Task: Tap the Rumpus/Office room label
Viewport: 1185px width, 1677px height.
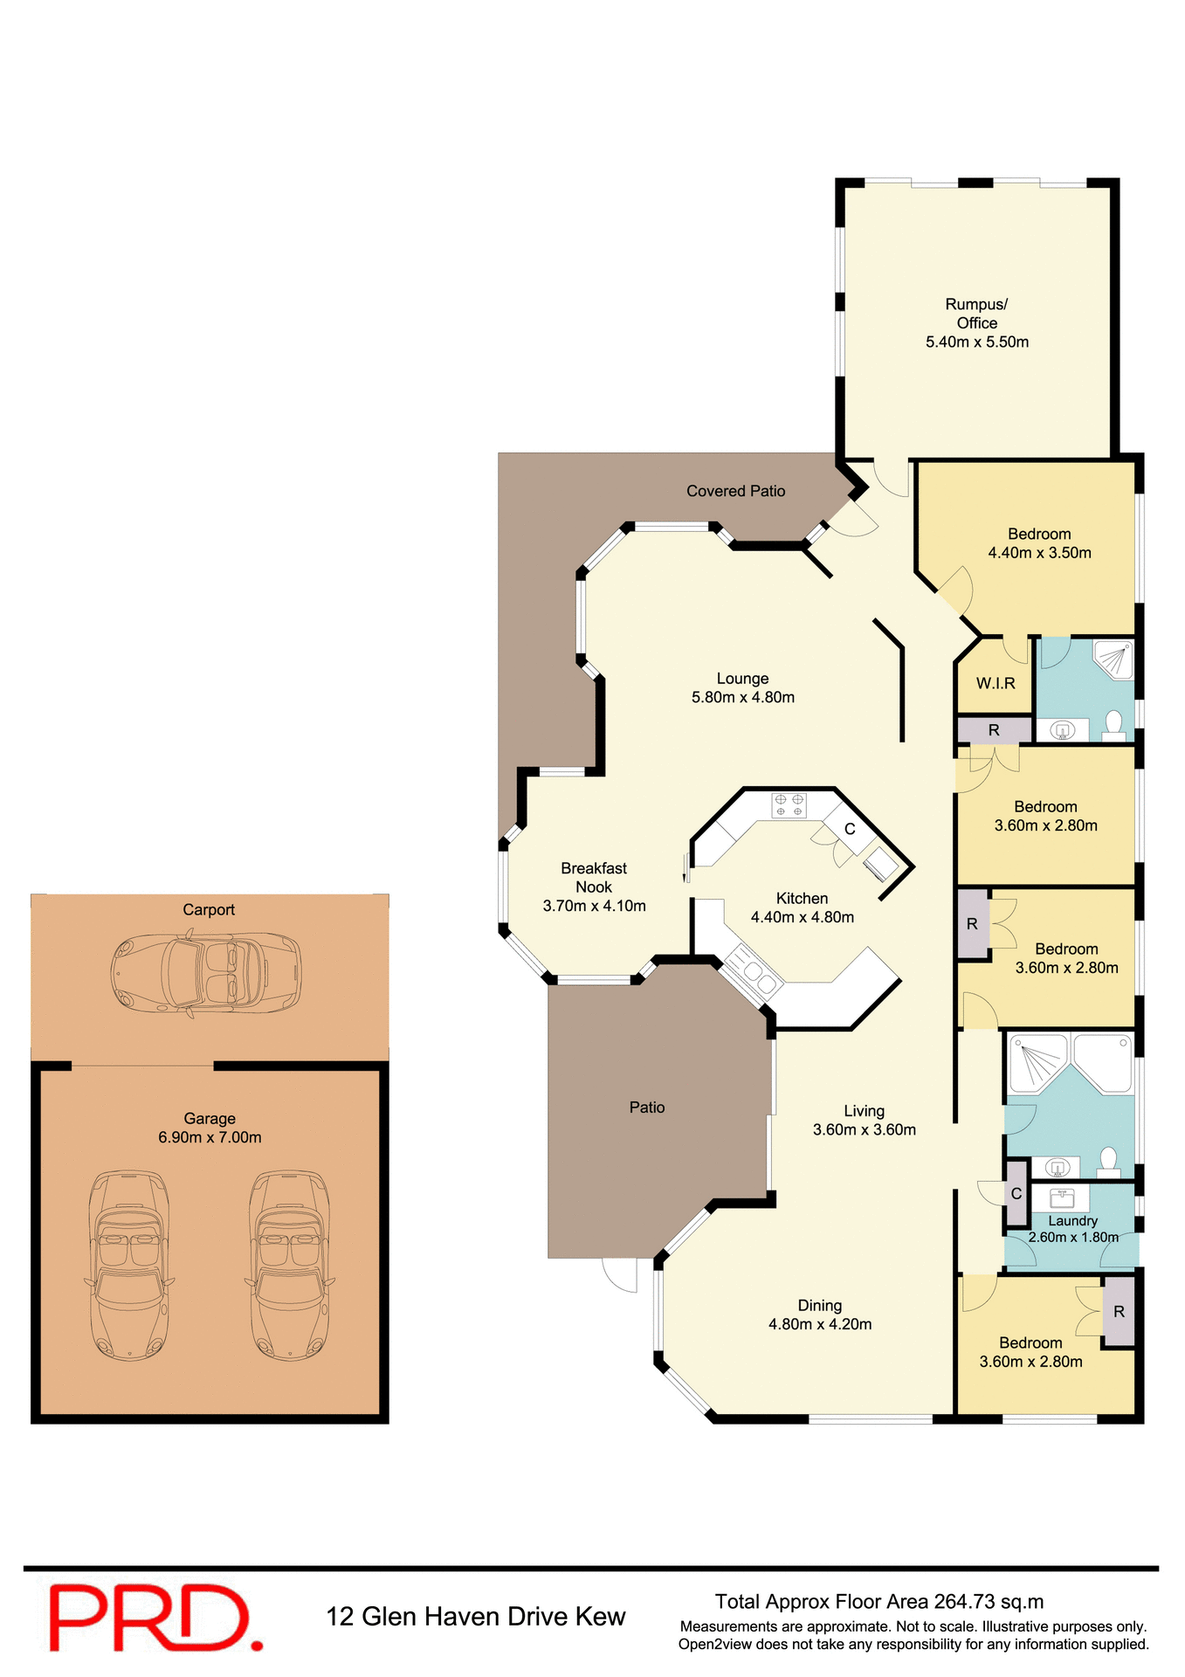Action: (x=976, y=314)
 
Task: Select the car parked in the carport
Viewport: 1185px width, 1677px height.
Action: (x=206, y=973)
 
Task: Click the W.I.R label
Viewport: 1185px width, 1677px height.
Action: (x=996, y=684)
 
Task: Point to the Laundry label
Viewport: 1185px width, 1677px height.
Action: (x=1072, y=1221)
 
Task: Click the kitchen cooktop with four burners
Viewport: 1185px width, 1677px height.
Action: (x=789, y=805)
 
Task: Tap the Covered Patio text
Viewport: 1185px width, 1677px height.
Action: (x=735, y=491)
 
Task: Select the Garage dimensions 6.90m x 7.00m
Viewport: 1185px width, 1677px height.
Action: (x=210, y=1137)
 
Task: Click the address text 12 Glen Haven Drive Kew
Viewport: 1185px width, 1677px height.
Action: (x=476, y=1617)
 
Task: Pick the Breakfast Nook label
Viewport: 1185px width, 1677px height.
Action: (x=594, y=877)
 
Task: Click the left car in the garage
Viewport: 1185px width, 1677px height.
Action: (x=129, y=1265)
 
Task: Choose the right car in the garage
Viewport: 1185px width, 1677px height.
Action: (x=289, y=1265)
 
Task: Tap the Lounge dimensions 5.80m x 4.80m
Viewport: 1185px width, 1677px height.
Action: (x=743, y=697)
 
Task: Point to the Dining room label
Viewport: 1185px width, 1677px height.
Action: (x=819, y=1305)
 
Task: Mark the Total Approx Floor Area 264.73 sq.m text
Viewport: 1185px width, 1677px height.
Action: (x=879, y=1601)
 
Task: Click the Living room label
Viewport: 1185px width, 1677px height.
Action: (x=864, y=1111)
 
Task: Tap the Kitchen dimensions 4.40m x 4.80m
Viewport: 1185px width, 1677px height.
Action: (x=802, y=917)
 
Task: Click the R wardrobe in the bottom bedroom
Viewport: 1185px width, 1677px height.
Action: (x=1119, y=1312)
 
